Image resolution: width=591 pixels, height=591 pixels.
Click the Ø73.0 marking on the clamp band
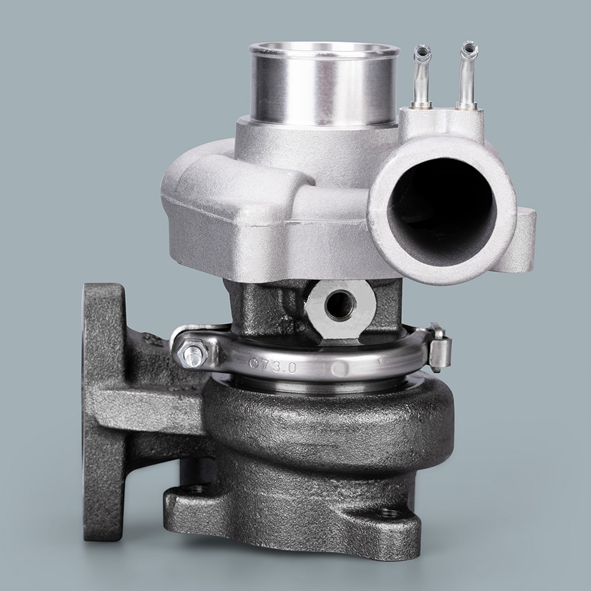point(273,365)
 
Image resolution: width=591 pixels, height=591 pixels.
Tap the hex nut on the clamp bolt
point(192,353)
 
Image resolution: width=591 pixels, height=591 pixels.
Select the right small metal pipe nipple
point(467,76)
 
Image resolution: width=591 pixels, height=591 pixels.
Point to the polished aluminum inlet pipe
point(323,84)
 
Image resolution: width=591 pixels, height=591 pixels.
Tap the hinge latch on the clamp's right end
point(440,347)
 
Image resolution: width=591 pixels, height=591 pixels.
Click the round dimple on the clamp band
point(339,369)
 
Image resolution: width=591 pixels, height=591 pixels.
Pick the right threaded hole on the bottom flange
point(388,513)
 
